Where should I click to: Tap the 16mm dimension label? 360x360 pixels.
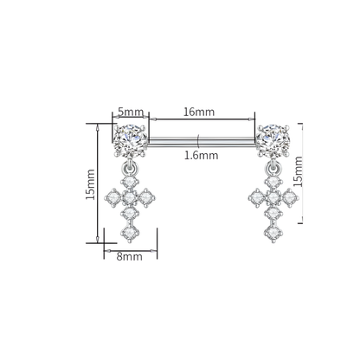point(199,112)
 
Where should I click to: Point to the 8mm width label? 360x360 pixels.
point(128,257)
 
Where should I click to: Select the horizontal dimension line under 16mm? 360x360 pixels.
point(201,119)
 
